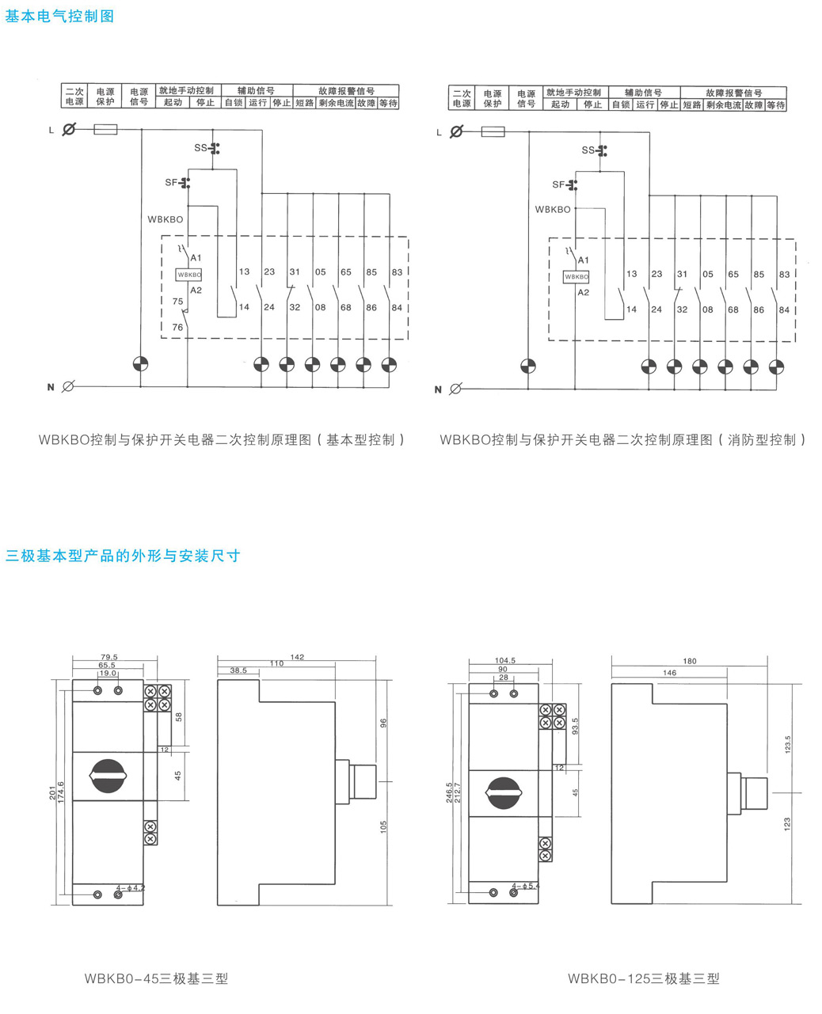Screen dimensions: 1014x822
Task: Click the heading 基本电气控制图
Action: click(60, 16)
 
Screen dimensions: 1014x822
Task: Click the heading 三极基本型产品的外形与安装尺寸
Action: click(123, 556)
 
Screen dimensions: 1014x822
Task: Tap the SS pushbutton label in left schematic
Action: click(200, 148)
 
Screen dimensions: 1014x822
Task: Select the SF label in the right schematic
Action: click(558, 184)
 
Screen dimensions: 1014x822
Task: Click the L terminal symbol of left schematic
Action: click(69, 129)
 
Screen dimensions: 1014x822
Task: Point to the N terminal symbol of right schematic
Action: click(455, 389)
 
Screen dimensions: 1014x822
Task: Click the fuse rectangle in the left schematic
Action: click(105, 129)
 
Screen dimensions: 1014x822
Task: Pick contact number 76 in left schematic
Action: click(177, 327)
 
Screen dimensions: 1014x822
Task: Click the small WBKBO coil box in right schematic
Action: click(576, 277)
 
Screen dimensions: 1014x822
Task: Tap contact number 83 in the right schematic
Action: click(784, 275)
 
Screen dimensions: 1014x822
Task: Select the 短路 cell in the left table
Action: click(305, 104)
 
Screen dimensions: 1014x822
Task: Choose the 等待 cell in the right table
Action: click(776, 105)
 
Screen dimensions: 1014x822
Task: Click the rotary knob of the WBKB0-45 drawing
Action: click(107, 777)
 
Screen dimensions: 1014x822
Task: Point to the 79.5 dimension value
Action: click(109, 657)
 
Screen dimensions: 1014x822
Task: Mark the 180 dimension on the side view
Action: click(690, 661)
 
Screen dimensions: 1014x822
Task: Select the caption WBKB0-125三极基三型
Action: click(643, 978)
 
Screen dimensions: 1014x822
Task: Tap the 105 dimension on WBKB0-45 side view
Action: click(384, 826)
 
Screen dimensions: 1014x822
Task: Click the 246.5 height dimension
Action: click(449, 792)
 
